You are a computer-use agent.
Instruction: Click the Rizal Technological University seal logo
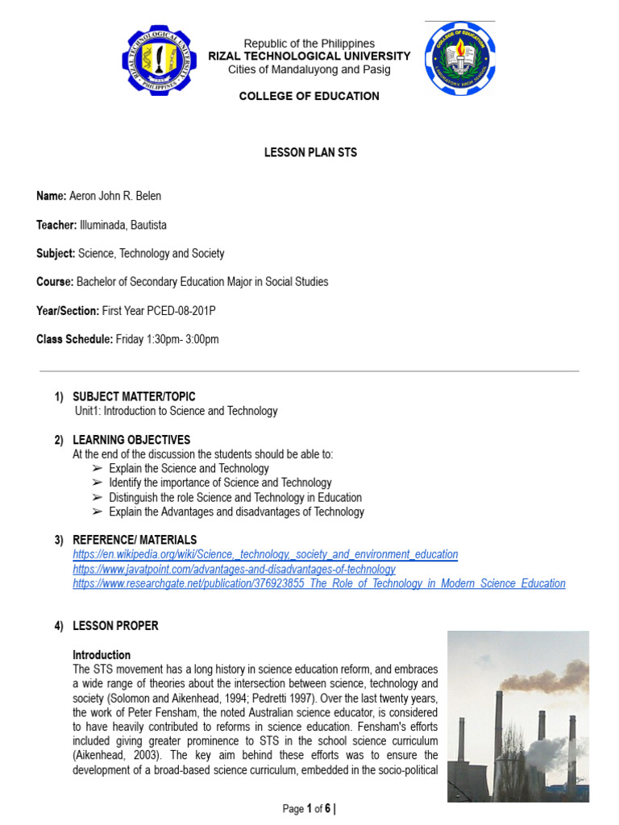[x=159, y=60]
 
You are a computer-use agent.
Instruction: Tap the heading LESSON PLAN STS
[x=310, y=152]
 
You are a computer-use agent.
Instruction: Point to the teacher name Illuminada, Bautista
[x=123, y=225]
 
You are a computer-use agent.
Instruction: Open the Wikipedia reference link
[x=265, y=554]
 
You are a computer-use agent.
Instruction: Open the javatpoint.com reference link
[x=234, y=569]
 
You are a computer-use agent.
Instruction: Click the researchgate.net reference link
[x=318, y=583]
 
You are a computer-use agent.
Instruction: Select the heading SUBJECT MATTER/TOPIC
[x=134, y=396]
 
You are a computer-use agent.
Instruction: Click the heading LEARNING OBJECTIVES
[x=131, y=440]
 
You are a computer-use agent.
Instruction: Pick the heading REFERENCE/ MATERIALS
[x=135, y=540]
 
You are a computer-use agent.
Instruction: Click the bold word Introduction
[x=102, y=655]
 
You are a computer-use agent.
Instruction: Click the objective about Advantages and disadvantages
[x=236, y=512]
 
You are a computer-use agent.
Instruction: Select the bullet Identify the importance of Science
[x=220, y=483]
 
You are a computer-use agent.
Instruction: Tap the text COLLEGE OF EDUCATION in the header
[x=309, y=96]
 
